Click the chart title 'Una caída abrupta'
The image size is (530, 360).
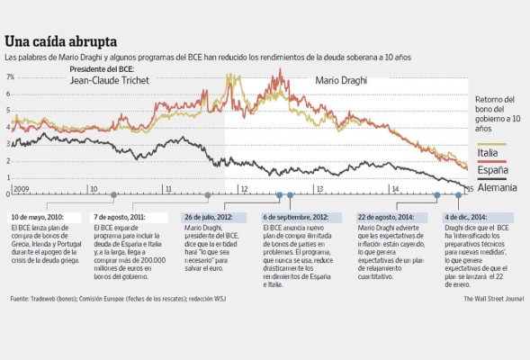click(61, 41)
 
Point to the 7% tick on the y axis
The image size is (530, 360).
click(11, 77)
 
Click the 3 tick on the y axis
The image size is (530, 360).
click(8, 144)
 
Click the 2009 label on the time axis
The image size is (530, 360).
click(22, 189)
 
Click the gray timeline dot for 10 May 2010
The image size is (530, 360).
click(113, 194)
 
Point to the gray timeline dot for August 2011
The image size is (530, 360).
click(208, 194)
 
